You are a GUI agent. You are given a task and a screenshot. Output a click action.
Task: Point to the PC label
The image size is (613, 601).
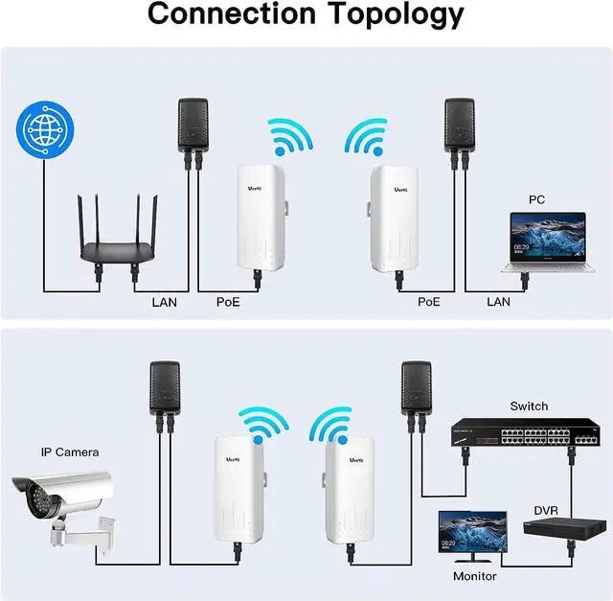537,200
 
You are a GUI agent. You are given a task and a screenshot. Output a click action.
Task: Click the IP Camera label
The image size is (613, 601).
69,451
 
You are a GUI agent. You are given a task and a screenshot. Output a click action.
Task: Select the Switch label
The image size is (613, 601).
529,405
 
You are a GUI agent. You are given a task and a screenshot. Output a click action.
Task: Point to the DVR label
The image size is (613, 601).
546,511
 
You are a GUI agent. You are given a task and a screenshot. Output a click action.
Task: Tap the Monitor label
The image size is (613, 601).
475,576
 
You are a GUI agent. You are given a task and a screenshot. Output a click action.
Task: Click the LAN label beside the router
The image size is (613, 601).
164,302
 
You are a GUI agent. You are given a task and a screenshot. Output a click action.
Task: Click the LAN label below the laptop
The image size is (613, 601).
499,302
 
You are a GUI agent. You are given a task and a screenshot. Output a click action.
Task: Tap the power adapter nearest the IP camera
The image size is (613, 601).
162,387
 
